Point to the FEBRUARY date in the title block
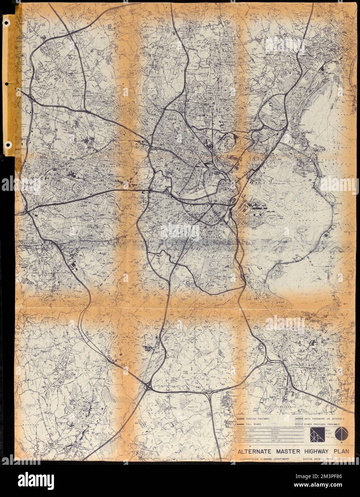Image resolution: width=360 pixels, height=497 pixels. (x=252, y=442)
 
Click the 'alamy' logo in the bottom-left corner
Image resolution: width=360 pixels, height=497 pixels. (x=29, y=478)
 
